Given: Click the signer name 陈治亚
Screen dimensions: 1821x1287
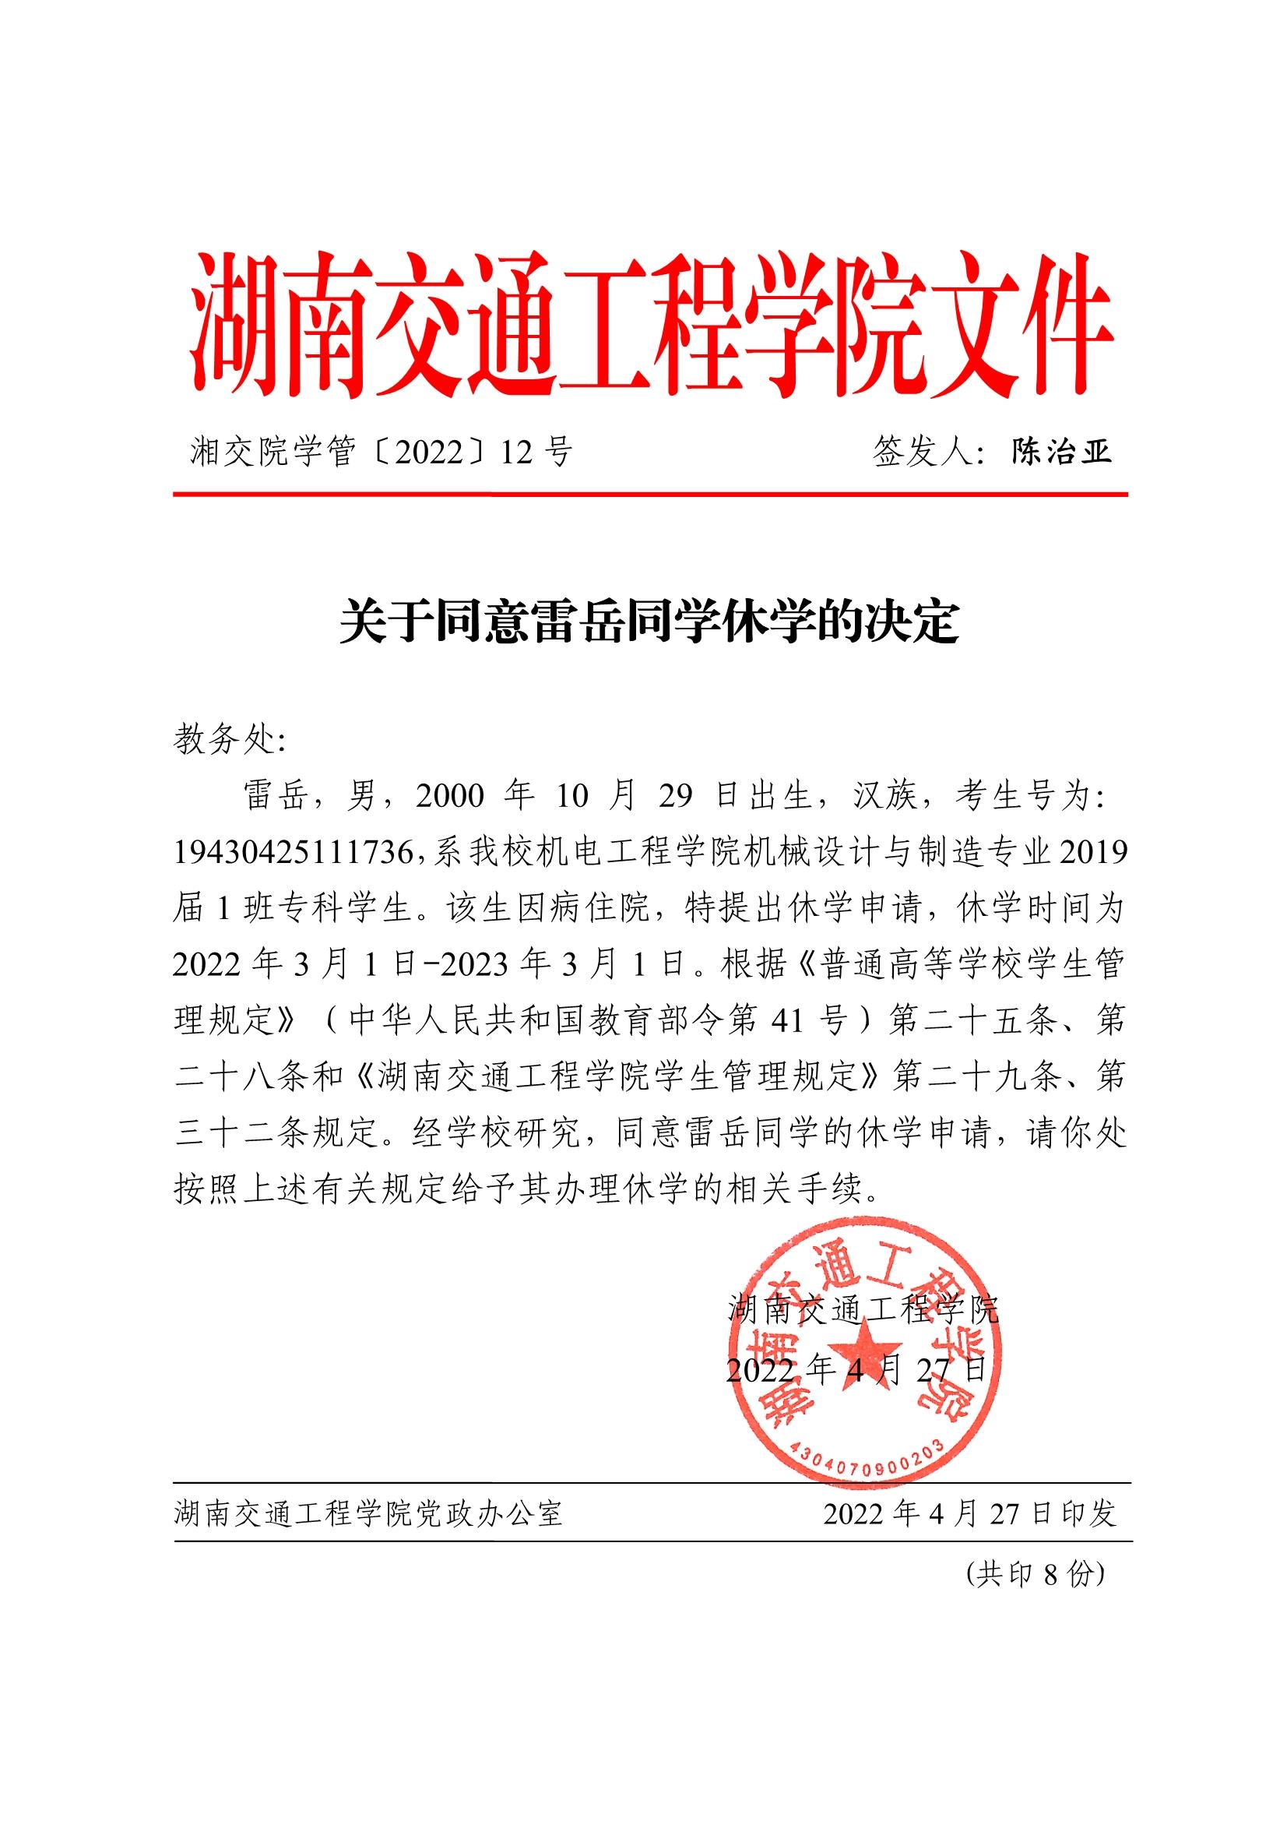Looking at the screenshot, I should pos(1060,453).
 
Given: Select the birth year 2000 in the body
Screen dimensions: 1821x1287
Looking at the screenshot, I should pos(448,796).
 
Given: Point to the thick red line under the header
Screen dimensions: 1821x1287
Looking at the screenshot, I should pos(649,495).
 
